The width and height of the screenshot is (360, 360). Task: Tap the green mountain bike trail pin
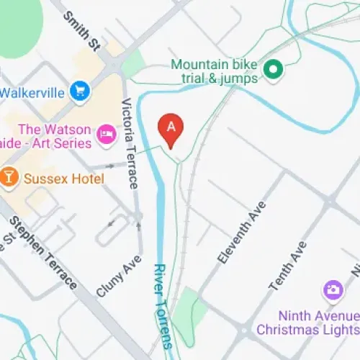click(x=272, y=70)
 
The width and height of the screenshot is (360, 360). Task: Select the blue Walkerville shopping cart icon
click(x=79, y=91)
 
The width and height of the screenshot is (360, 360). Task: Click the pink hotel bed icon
click(x=107, y=134)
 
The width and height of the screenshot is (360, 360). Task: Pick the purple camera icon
click(x=332, y=290)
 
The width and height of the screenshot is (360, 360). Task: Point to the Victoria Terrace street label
click(x=130, y=143)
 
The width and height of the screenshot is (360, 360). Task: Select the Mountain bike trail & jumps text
click(x=215, y=71)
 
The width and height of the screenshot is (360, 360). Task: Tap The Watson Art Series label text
click(x=54, y=136)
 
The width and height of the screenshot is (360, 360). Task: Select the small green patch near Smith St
click(x=134, y=65)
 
